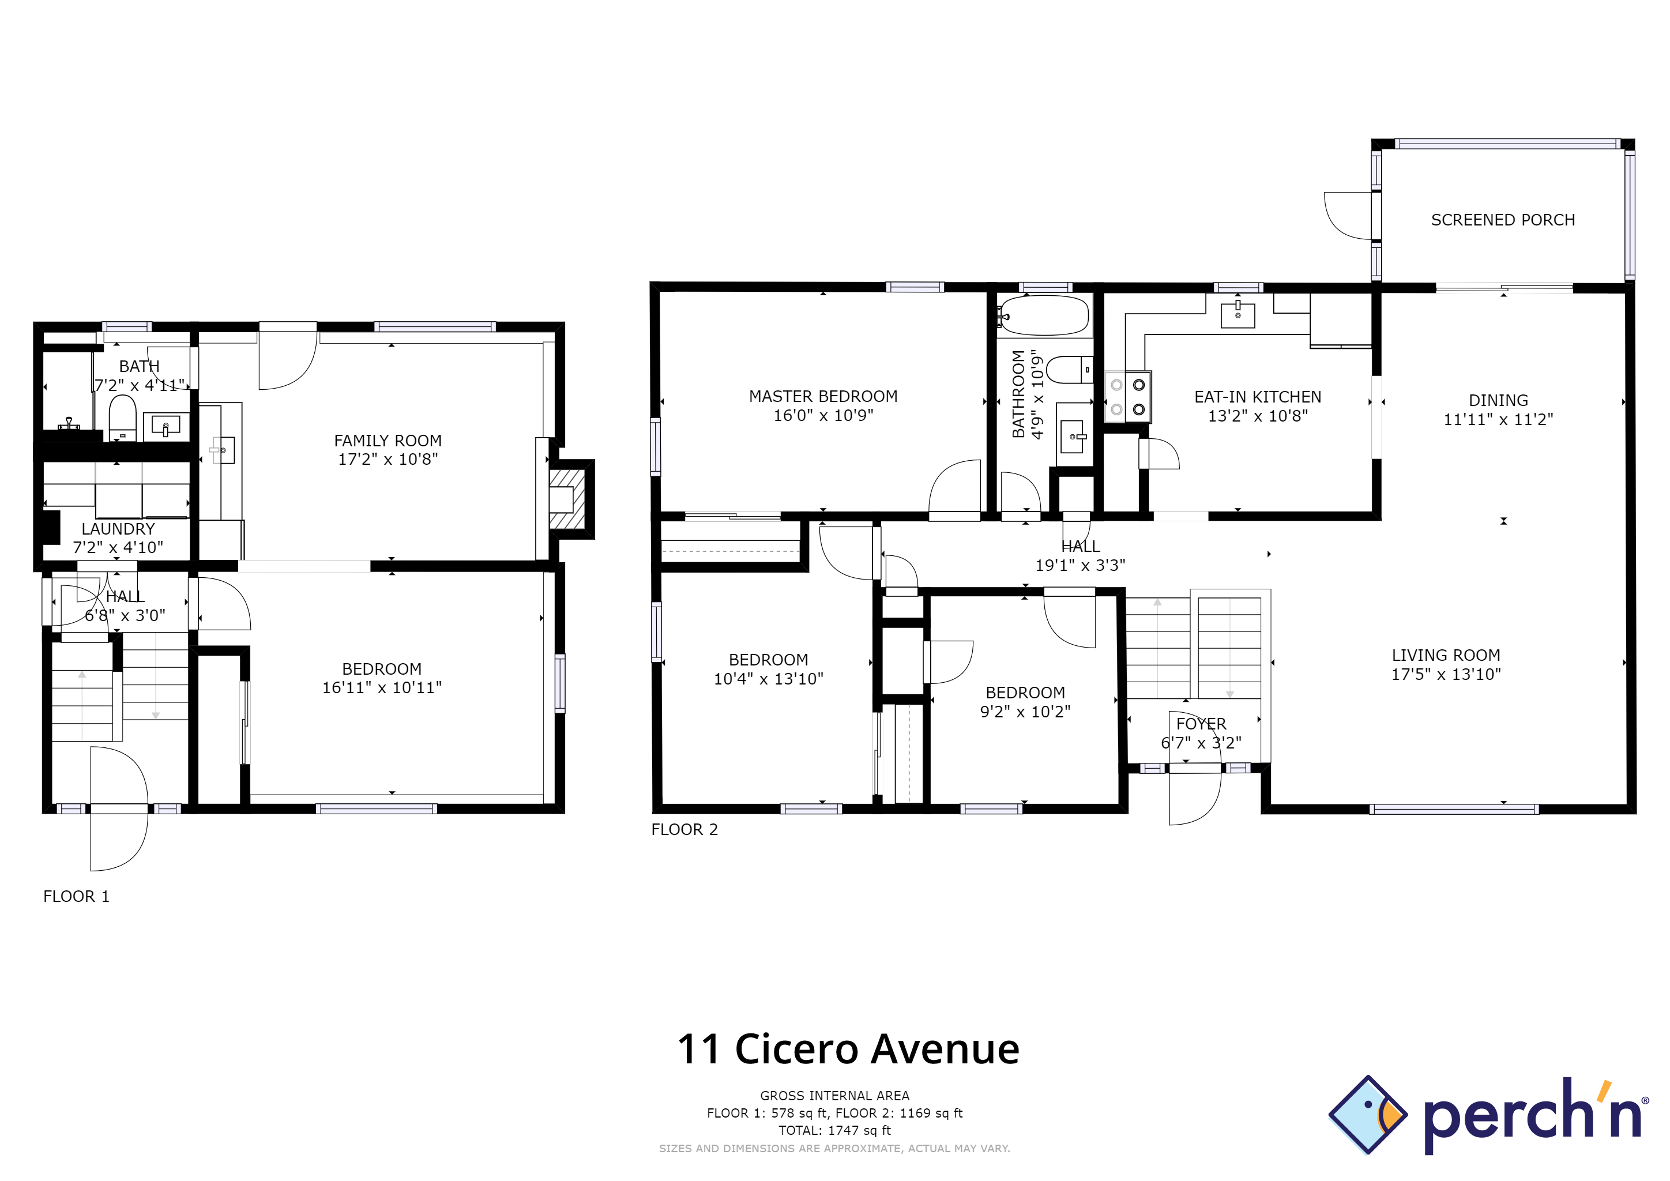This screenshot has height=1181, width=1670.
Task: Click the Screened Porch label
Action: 1502,220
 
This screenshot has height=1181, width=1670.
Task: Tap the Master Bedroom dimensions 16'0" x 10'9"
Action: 823,415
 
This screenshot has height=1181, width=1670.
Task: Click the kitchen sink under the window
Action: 1238,314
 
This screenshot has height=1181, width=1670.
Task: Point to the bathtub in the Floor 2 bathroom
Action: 1044,315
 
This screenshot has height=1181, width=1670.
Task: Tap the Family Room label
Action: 388,441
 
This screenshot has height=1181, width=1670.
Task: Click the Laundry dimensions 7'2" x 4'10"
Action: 118,547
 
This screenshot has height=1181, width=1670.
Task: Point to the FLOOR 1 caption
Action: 76,896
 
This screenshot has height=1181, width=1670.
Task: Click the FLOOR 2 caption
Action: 684,829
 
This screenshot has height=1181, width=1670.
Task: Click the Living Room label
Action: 1445,655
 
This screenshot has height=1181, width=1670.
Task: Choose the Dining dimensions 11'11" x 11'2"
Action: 1498,419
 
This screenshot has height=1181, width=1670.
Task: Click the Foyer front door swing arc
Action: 1197,800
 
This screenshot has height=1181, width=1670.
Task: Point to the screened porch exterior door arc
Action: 1345,217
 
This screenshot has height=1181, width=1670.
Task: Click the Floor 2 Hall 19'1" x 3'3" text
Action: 1080,565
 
